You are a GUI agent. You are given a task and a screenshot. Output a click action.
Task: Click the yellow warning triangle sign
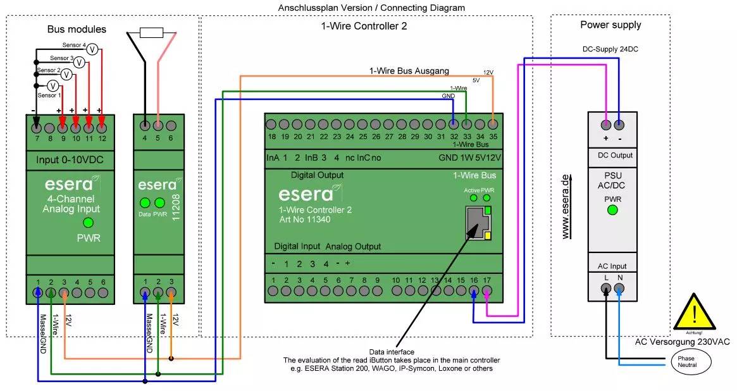coord(695,313)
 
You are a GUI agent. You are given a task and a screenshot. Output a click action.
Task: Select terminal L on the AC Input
coord(606,289)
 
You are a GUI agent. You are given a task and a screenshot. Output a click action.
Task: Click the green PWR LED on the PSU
coord(612,210)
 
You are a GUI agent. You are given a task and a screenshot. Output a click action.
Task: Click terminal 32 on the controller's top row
coord(454,124)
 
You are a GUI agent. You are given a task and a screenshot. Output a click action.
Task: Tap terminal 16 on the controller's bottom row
coord(474,291)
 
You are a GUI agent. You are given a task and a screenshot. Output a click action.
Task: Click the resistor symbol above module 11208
coord(152,33)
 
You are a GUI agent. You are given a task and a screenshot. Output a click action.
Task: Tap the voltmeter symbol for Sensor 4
coord(92,49)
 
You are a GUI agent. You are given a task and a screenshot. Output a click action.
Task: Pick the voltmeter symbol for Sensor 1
coord(53,85)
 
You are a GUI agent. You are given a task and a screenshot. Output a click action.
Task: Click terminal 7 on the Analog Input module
coord(37,125)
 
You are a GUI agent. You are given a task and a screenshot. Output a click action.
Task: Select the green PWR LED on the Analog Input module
coord(88,222)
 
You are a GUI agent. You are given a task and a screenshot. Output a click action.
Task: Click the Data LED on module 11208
coord(145,203)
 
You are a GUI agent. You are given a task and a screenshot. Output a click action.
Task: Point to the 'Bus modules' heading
coord(77,30)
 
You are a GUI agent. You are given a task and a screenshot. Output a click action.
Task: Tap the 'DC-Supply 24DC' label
coord(610,49)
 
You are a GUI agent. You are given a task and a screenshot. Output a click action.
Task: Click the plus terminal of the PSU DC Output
coord(606,125)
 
